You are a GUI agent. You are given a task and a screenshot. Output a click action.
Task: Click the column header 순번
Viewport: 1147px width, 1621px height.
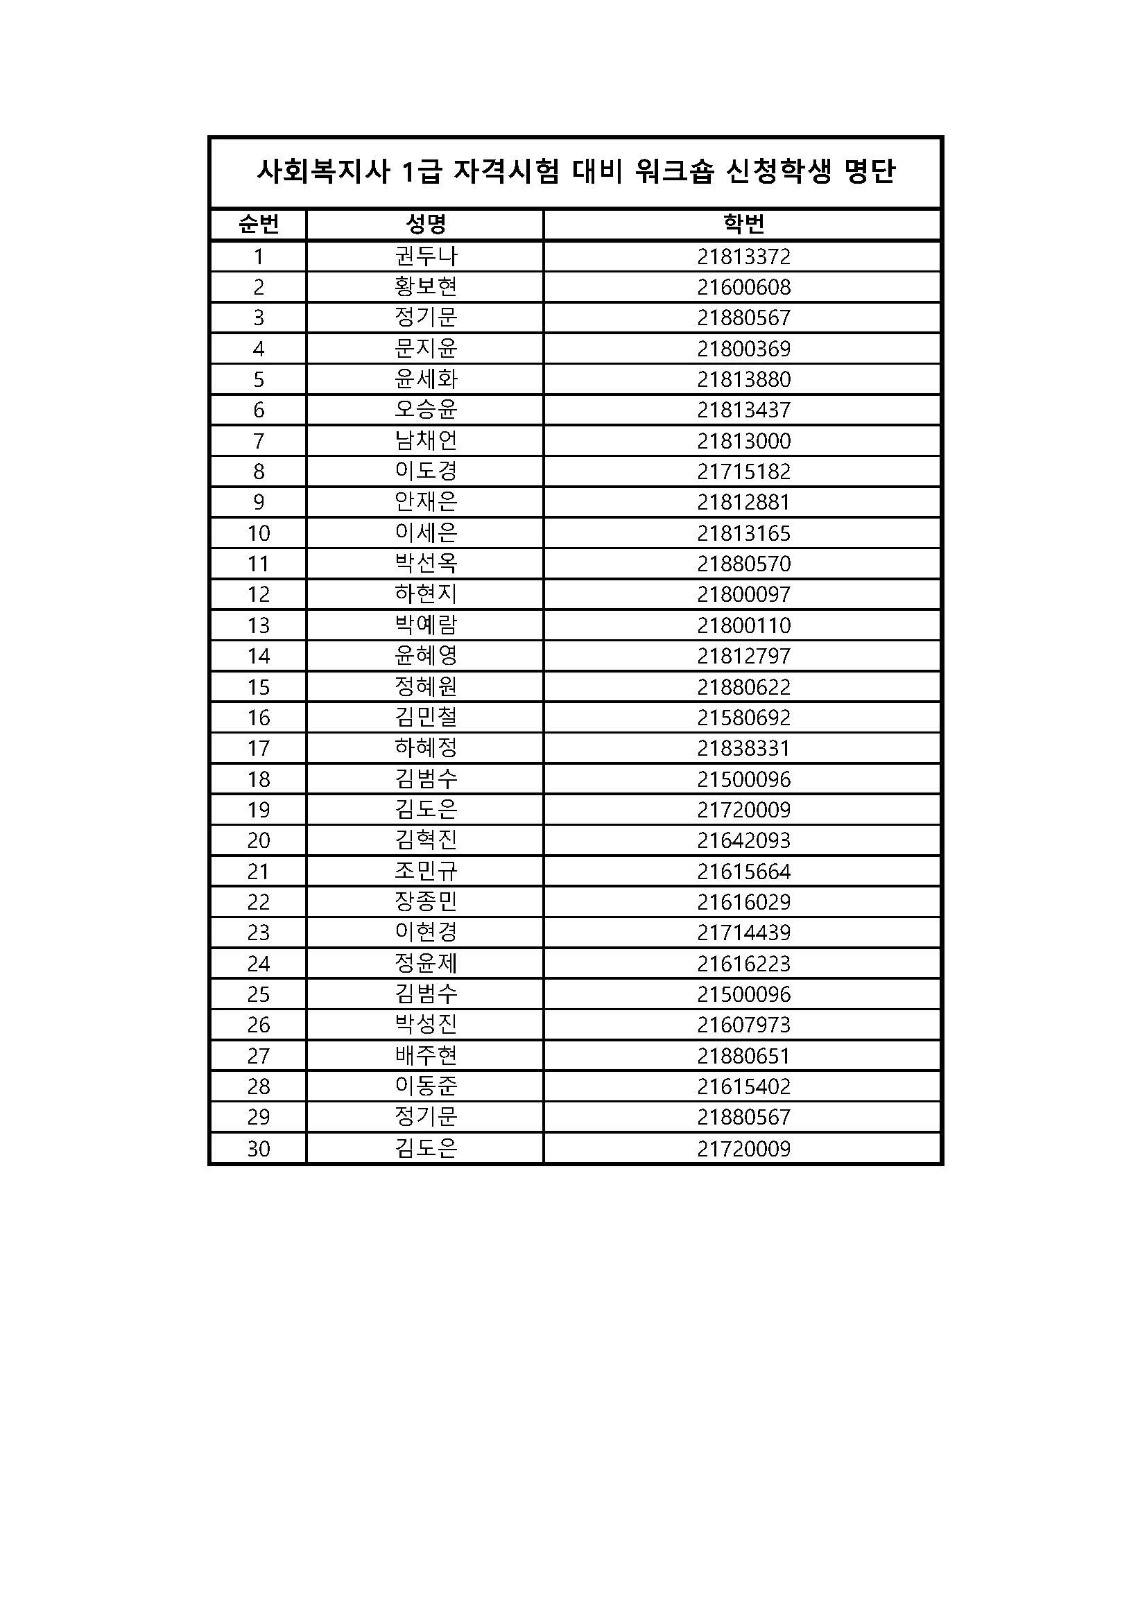coord(259,225)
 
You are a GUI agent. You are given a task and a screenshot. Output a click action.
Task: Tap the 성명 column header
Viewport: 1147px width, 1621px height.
coord(425,225)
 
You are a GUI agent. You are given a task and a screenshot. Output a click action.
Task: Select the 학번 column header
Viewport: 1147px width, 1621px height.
coord(743,225)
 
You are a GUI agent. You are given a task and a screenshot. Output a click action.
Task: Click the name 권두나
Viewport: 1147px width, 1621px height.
coord(426,257)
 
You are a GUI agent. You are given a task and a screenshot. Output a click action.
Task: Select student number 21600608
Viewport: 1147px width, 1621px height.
coord(743,287)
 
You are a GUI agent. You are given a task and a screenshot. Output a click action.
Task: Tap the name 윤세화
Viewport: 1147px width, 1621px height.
coord(426,379)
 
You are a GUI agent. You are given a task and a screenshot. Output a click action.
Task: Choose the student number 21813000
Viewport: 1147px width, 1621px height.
coord(743,441)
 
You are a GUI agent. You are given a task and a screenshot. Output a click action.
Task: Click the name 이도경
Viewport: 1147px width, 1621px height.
coord(426,471)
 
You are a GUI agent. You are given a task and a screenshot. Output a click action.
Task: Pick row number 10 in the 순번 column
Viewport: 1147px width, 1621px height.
coord(259,533)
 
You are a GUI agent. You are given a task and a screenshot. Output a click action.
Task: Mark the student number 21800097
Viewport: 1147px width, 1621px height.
coord(743,594)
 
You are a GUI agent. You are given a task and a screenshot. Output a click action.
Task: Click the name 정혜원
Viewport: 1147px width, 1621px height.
coord(426,687)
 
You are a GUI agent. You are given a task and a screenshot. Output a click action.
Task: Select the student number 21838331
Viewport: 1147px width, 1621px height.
coord(743,748)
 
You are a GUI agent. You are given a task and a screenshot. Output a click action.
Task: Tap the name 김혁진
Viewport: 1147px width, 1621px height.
coord(426,840)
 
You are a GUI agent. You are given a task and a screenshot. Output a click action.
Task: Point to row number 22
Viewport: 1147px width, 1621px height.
coord(259,902)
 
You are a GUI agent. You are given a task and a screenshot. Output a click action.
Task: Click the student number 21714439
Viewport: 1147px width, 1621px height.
coord(743,933)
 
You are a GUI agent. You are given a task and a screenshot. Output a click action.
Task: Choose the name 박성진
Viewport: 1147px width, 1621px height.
coord(426,1025)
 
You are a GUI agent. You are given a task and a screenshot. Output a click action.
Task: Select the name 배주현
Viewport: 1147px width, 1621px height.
coord(426,1056)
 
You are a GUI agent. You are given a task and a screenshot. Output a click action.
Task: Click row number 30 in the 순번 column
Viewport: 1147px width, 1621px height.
coord(259,1149)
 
